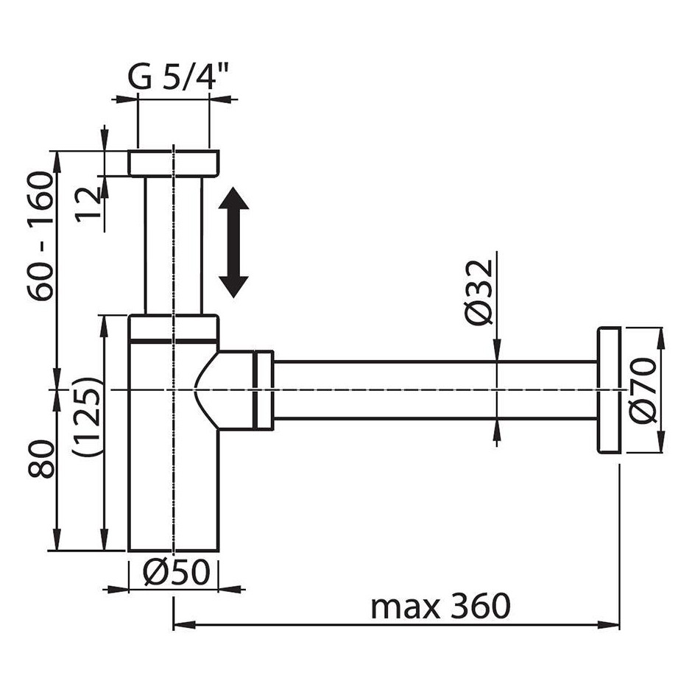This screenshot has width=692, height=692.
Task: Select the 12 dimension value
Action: [88, 205]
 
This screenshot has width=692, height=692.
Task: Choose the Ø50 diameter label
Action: [176, 573]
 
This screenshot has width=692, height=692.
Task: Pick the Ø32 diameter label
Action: [479, 292]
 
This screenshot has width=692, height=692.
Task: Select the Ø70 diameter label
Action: [642, 390]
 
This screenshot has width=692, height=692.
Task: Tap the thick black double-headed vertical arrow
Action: [233, 242]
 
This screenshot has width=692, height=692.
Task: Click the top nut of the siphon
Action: [174, 163]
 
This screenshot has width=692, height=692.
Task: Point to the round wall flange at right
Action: [609, 390]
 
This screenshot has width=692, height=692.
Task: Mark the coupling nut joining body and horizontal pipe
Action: [264, 390]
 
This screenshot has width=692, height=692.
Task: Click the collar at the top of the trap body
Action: [174, 328]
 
